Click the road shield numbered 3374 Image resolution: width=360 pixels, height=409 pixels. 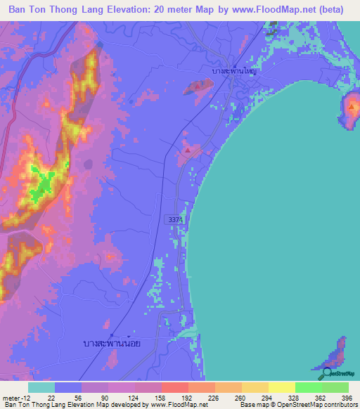click(x=176, y=220)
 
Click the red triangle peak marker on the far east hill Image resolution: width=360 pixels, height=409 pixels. click(x=351, y=107)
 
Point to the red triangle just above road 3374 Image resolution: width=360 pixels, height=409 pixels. click(x=187, y=150)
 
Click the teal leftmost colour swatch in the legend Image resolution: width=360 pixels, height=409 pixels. click(x=41, y=387)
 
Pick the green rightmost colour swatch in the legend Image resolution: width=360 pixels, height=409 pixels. click(x=335, y=387)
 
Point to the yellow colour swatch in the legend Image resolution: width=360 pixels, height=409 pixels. click(x=282, y=387)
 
